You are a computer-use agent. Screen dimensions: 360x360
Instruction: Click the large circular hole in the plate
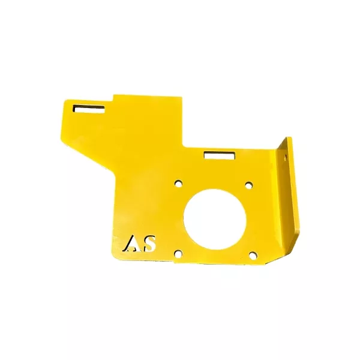(x=215, y=219)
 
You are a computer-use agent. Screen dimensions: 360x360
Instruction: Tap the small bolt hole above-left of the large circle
(x=178, y=184)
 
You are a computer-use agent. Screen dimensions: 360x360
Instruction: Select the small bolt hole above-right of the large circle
(x=249, y=185)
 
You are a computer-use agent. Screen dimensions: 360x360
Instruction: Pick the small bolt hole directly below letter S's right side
(x=178, y=254)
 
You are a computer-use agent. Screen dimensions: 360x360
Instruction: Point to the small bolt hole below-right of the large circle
(x=253, y=256)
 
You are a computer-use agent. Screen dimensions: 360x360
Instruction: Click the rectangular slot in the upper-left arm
(x=89, y=109)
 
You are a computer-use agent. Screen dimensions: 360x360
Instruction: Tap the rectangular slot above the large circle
(x=220, y=155)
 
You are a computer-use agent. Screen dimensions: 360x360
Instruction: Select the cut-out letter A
(x=131, y=244)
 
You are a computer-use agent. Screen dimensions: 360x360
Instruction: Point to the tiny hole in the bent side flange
(x=286, y=157)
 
